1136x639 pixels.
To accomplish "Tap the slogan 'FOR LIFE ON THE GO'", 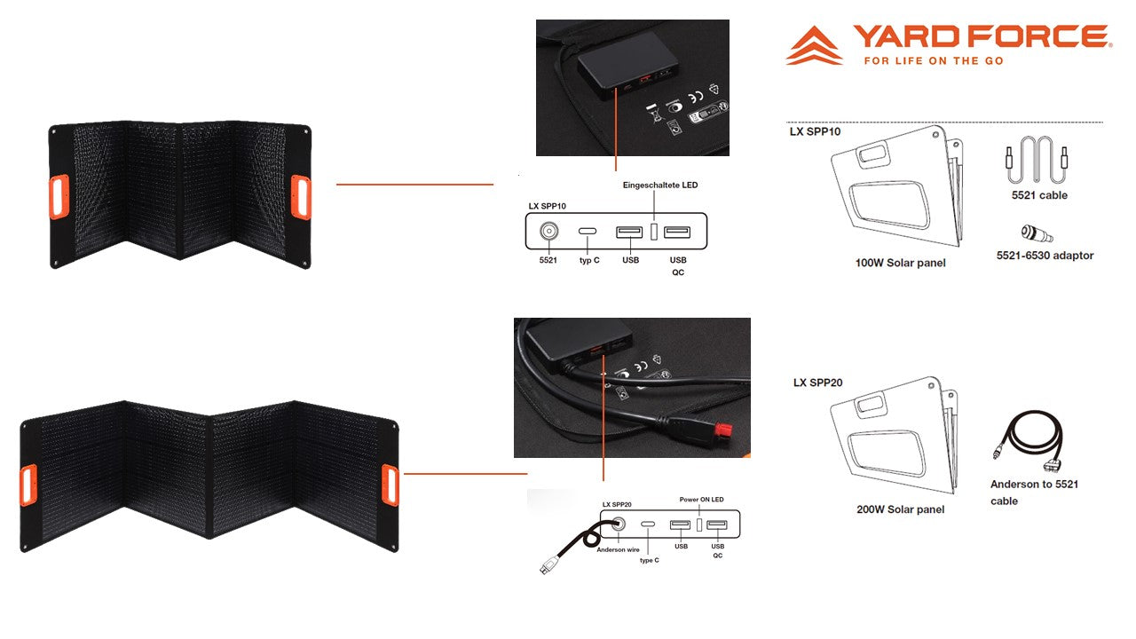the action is pyautogui.click(x=934, y=61).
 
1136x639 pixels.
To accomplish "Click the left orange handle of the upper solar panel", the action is pyautogui.click(x=59, y=197).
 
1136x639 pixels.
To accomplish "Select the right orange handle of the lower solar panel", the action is pyautogui.click(x=390, y=485).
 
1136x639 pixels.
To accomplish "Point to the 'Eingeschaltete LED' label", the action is pyautogui.click(x=659, y=185).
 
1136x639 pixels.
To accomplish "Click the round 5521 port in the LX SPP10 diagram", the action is pyautogui.click(x=548, y=232).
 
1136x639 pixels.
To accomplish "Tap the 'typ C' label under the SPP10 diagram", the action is pyautogui.click(x=589, y=260).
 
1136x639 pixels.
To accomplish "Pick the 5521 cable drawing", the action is pyautogui.click(x=1038, y=159).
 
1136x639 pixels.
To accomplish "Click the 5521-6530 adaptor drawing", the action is pyautogui.click(x=1037, y=233).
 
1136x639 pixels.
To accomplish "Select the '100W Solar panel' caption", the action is pyautogui.click(x=900, y=263).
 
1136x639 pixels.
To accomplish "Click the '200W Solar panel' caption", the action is pyautogui.click(x=900, y=509).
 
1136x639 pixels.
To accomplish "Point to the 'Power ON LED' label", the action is pyautogui.click(x=701, y=500).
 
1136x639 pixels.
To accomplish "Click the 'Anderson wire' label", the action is pyautogui.click(x=618, y=549).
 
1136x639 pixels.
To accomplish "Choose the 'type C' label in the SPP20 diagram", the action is pyautogui.click(x=649, y=560).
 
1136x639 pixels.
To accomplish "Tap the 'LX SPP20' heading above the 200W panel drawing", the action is pyautogui.click(x=817, y=383).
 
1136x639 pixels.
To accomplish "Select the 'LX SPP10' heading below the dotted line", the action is pyautogui.click(x=815, y=132).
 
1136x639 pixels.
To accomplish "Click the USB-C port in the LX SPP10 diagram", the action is pyautogui.click(x=588, y=232).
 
